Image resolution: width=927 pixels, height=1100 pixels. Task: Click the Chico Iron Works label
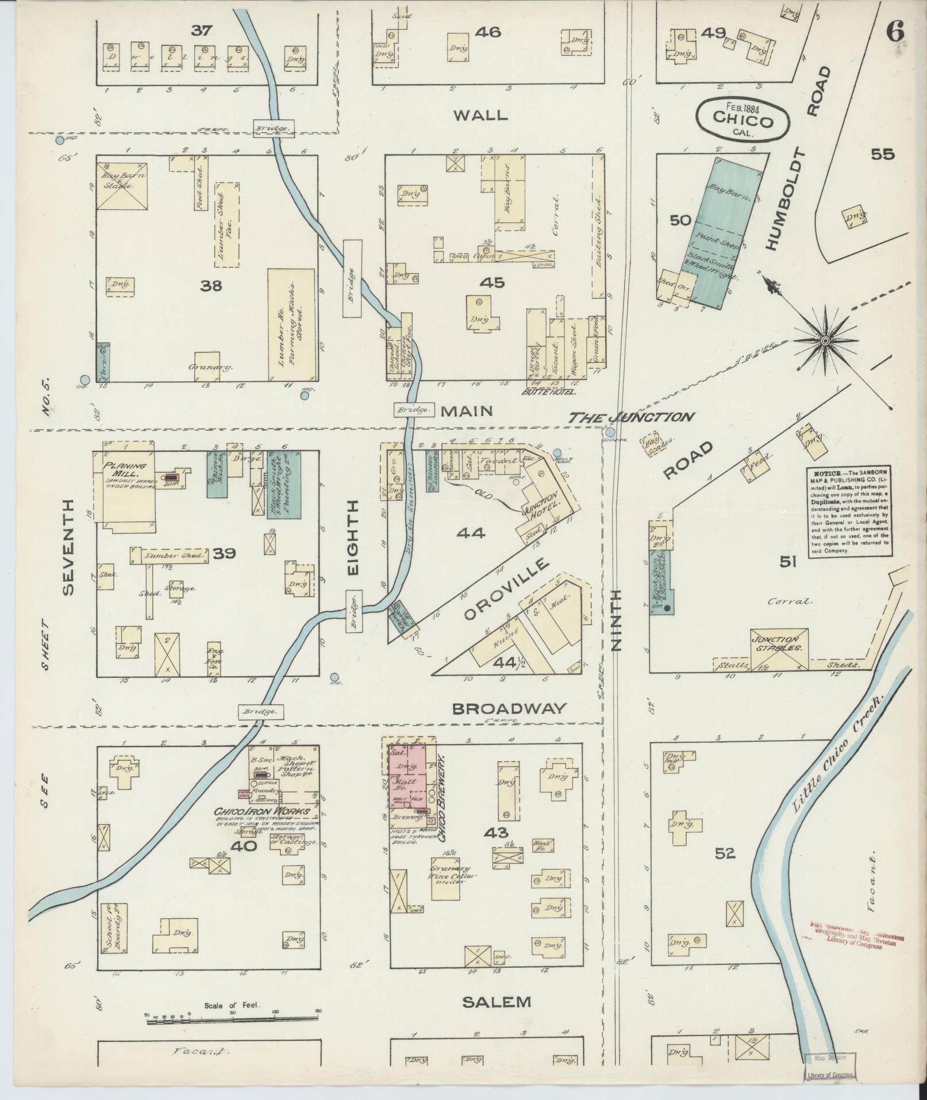pyautogui.click(x=261, y=812)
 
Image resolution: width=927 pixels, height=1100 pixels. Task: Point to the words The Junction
pyautogui.click(x=631, y=417)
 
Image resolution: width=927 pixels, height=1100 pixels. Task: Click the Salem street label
pyautogui.click(x=497, y=1002)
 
